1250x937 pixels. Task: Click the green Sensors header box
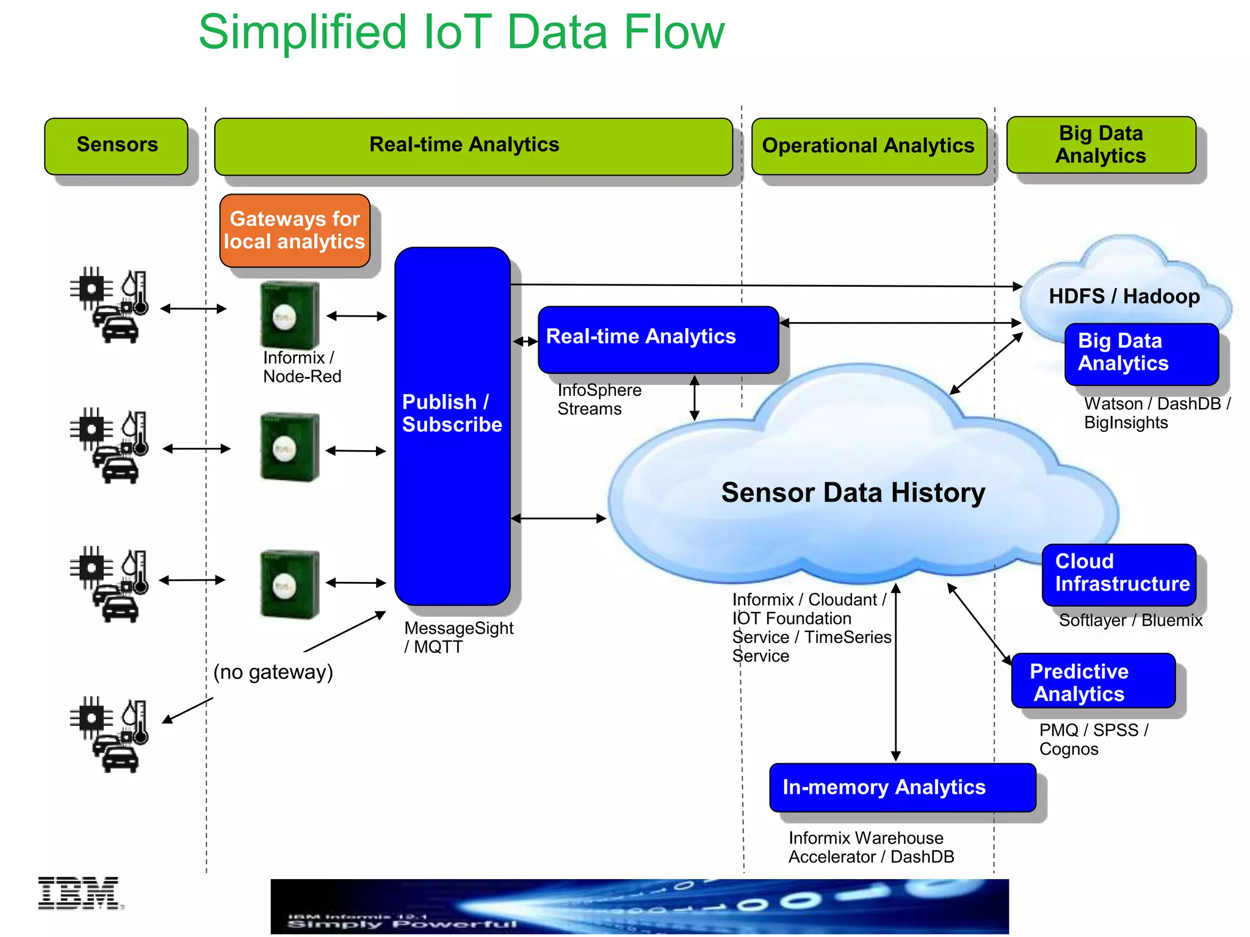point(116,146)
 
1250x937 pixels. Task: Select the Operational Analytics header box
point(869,146)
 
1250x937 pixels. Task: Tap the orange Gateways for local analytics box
point(295,231)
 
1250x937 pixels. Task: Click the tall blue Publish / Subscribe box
point(452,425)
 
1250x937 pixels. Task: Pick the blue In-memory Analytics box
point(902,788)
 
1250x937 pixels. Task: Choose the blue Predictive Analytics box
point(1093,681)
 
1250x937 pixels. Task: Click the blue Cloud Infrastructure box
point(1119,573)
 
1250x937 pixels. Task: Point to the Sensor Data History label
point(853,492)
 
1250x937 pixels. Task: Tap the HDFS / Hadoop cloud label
point(1124,296)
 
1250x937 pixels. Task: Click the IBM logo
point(79,893)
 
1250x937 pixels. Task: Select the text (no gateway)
point(273,672)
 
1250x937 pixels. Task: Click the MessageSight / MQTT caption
point(458,637)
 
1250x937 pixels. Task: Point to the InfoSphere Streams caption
point(599,400)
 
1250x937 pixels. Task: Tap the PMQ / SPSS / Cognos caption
point(1093,739)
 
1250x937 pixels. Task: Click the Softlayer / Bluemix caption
point(1130,620)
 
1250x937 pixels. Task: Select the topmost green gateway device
point(289,315)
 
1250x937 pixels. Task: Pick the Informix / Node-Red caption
point(302,367)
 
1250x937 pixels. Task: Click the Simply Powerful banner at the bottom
point(639,906)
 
